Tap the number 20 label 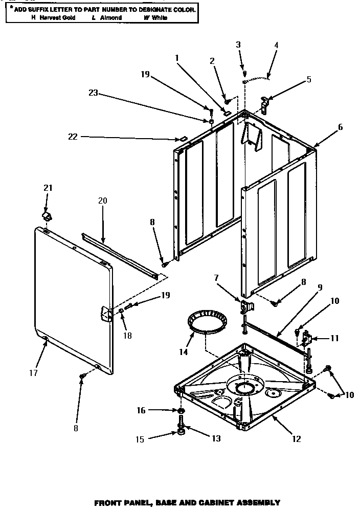pos(102,201)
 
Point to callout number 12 pos(296,438)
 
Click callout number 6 pos(340,127)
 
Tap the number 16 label pos(142,410)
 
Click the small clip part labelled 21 pos(48,216)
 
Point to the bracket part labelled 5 pos(265,104)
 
